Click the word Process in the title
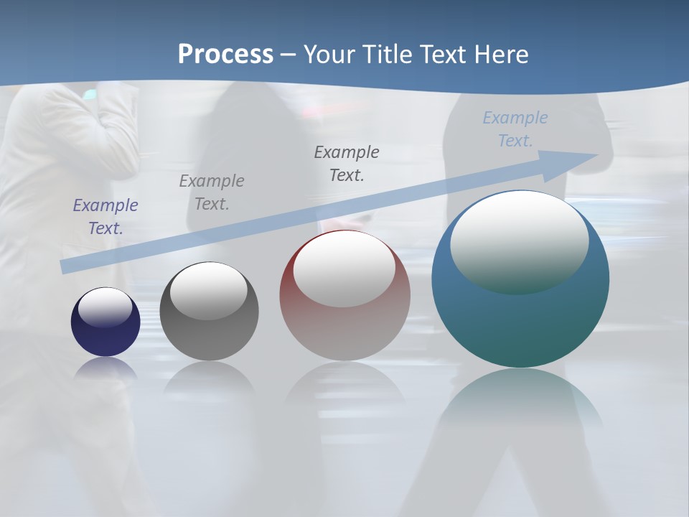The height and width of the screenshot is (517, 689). (225, 55)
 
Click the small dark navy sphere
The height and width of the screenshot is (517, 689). (106, 337)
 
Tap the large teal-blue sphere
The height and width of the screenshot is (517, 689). (520, 323)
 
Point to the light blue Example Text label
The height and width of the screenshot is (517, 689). (515, 129)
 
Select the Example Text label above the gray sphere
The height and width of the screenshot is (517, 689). (212, 192)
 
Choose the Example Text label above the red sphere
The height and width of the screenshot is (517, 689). (347, 164)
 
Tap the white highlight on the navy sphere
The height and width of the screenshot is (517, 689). (106, 307)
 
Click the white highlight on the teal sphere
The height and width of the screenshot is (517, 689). (520, 241)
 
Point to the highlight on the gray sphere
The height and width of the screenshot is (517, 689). (209, 289)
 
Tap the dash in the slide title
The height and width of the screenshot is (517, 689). (289, 55)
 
